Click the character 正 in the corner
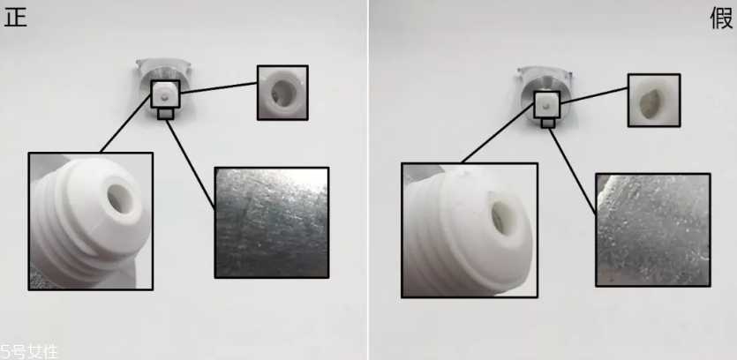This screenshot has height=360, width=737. point(15,17)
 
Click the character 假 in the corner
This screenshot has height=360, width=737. point(721,19)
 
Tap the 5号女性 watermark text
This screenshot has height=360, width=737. point(29,352)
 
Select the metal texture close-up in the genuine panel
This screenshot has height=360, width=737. point(272,222)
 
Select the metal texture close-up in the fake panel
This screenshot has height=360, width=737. point(653,229)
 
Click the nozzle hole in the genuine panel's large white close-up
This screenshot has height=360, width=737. point(119,198)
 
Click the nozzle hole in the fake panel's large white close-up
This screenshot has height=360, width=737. point(500,217)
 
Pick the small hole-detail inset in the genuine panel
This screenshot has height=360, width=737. point(282,93)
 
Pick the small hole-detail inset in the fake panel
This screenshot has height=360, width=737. point(654,100)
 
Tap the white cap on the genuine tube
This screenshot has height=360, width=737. point(165,94)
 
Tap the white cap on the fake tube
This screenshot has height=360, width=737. point(546,105)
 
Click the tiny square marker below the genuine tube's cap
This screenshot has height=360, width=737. point(165,113)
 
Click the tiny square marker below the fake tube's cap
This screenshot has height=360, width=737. point(547,123)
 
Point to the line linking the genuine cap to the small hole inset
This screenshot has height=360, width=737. point(219,87)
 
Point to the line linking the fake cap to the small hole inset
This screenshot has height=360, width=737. point(594,95)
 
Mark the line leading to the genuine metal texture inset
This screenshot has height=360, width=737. point(191,163)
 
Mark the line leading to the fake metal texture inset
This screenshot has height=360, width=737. point(573,171)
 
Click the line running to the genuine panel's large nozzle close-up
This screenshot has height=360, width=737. point(126,124)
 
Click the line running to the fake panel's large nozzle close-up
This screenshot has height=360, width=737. point(498,133)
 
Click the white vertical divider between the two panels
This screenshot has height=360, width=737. point(368,180)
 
